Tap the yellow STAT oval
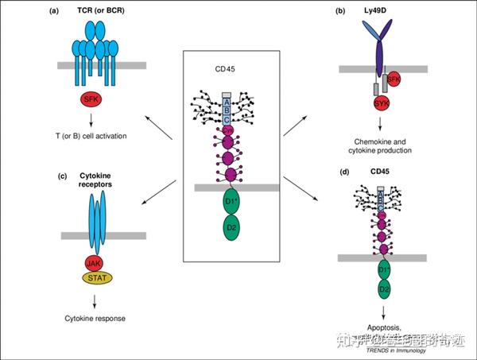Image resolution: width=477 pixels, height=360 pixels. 94,278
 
